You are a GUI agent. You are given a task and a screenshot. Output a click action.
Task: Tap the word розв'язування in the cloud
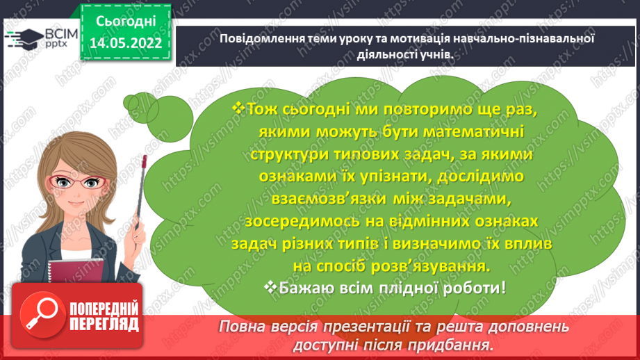(429, 265)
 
